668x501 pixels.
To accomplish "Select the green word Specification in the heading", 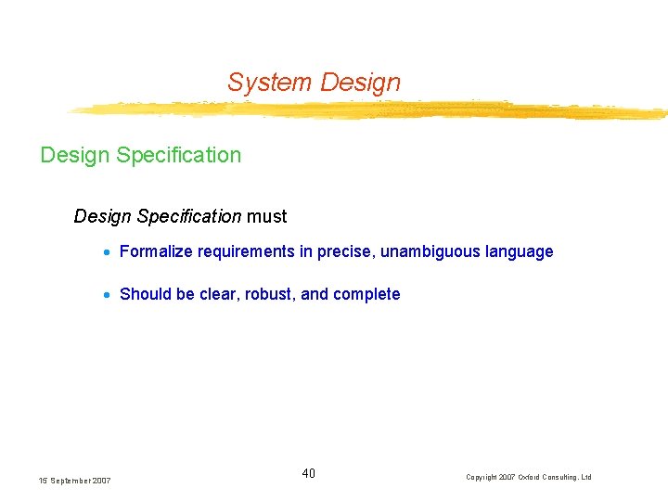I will [x=178, y=155].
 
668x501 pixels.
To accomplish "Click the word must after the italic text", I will [x=267, y=216].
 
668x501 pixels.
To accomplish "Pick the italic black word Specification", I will [x=189, y=216].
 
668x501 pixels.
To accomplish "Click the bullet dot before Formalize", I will [x=109, y=252].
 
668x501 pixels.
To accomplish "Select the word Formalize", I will [x=156, y=251].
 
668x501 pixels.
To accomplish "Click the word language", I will [x=520, y=251].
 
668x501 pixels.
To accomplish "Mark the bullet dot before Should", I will [x=109, y=295].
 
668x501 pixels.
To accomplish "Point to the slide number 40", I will [x=309, y=474].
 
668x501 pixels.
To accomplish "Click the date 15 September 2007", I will [x=74, y=481].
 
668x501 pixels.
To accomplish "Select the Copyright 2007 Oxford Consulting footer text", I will [x=528, y=477].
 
